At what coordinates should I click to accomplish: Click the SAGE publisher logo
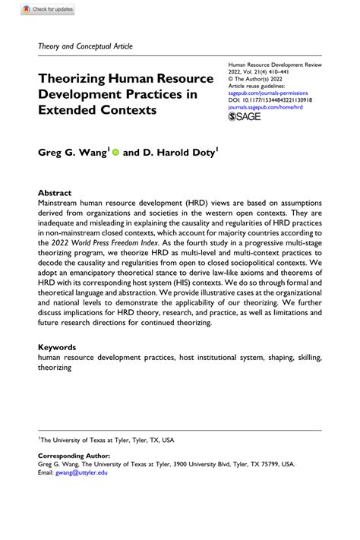pos(245,118)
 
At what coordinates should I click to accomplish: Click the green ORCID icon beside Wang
pos(115,152)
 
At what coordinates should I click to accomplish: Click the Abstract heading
pos(56,193)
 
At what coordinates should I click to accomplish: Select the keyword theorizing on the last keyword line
pos(55,368)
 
